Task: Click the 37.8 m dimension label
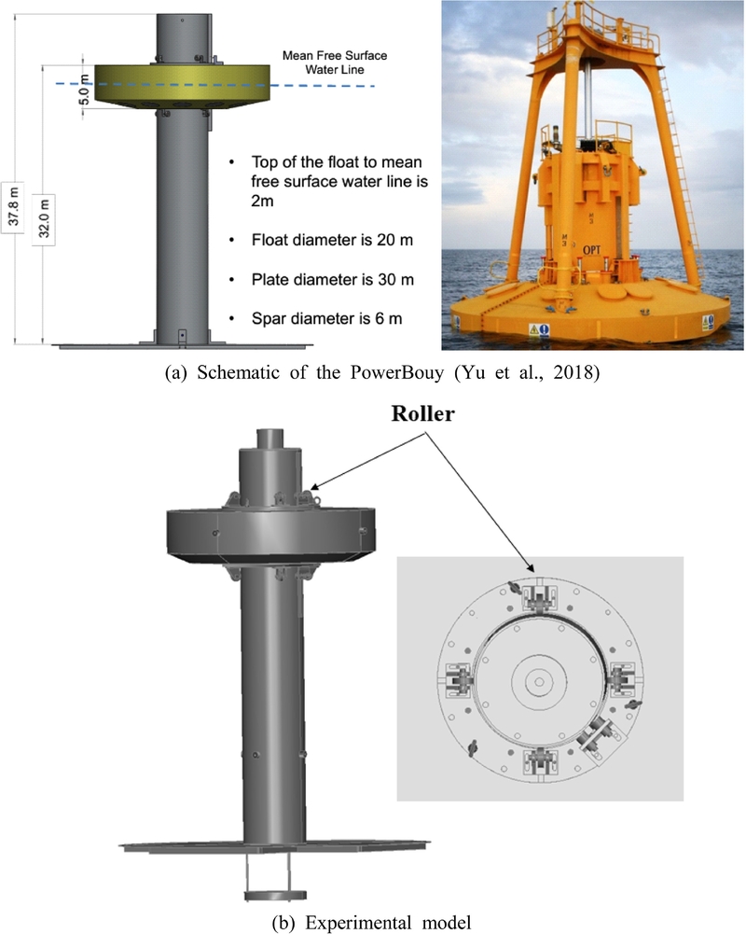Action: click(13, 202)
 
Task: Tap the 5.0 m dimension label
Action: click(85, 93)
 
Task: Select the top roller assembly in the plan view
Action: click(540, 599)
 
